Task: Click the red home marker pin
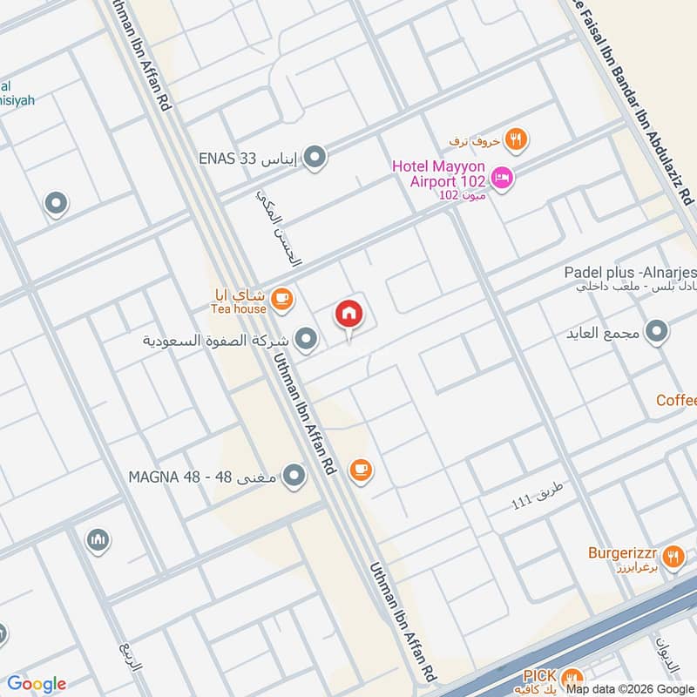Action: pyautogui.click(x=349, y=315)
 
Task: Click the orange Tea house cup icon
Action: pyautogui.click(x=281, y=300)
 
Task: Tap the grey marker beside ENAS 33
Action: pyautogui.click(x=315, y=158)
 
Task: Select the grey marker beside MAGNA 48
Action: pyautogui.click(x=295, y=476)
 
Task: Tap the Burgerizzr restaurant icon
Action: pyautogui.click(x=673, y=555)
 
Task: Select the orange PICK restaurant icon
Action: pyautogui.click(x=572, y=677)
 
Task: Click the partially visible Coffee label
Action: pyautogui.click(x=677, y=400)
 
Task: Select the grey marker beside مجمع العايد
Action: pyautogui.click(x=657, y=332)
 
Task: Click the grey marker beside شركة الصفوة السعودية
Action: pyautogui.click(x=305, y=339)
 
